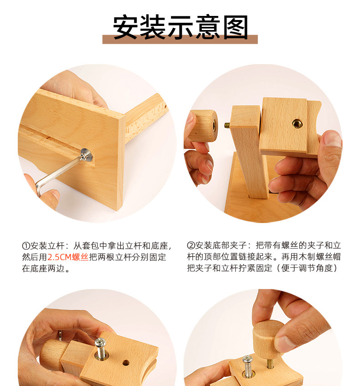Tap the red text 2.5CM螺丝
(x=68, y=257)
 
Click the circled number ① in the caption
(x=26, y=246)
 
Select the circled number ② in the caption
(x=191, y=245)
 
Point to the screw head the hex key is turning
(x=87, y=155)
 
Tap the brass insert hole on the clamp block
(x=297, y=123)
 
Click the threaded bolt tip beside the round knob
(x=227, y=126)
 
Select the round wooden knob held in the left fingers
(x=203, y=126)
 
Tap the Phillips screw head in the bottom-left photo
(x=100, y=342)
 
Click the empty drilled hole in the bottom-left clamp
(x=126, y=363)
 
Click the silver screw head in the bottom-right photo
(x=247, y=360)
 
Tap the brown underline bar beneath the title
(x=180, y=40)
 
